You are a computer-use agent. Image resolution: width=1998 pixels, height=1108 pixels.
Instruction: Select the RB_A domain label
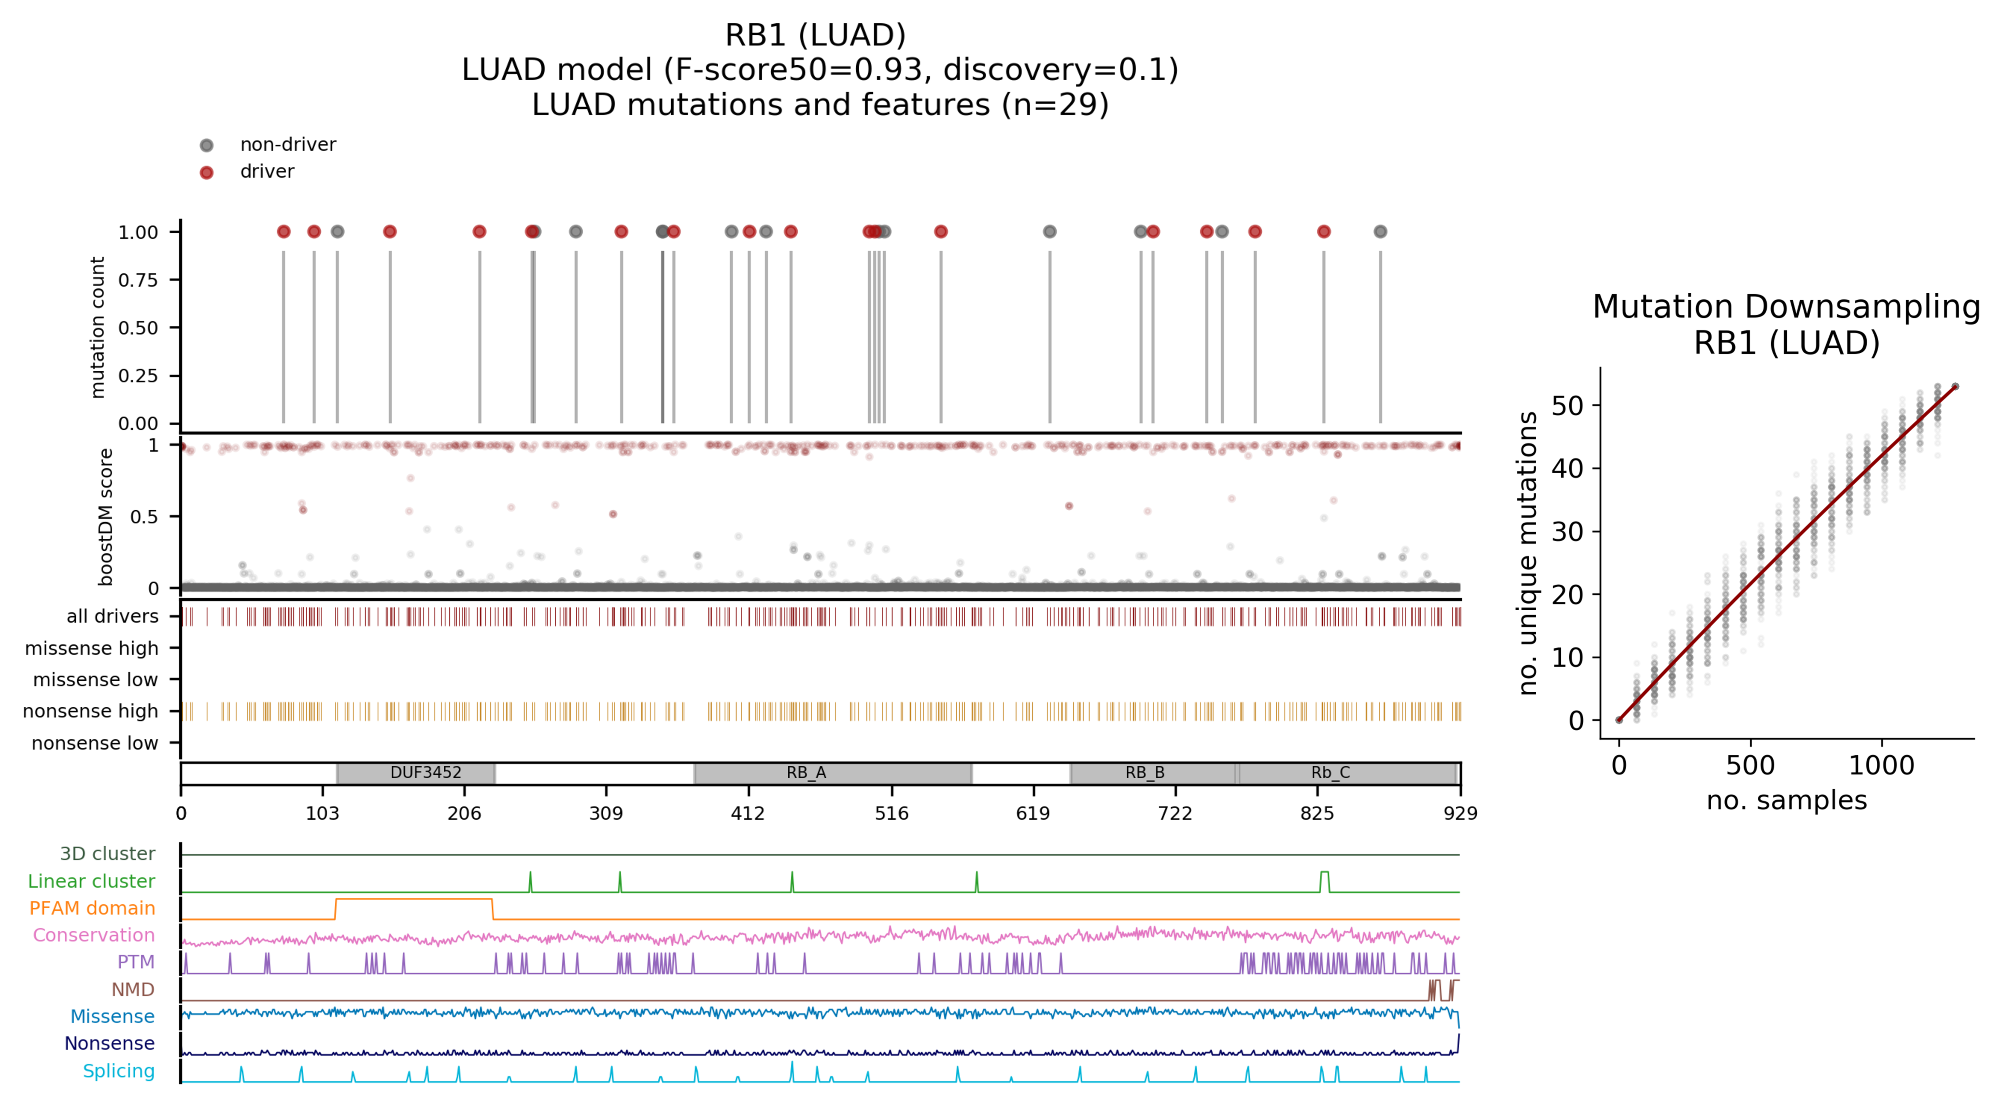[806, 773]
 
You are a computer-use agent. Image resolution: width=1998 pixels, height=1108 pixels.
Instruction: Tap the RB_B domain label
[1145, 773]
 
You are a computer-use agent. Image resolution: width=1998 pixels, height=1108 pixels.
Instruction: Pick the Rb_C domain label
[1330, 773]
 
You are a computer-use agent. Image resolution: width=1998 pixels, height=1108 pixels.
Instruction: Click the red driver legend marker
[206, 172]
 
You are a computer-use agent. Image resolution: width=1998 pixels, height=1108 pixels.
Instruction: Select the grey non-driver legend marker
[206, 145]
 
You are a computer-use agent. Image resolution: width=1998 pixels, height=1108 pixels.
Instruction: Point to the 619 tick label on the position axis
[1033, 813]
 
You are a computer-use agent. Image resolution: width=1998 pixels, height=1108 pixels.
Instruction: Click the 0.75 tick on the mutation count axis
[138, 280]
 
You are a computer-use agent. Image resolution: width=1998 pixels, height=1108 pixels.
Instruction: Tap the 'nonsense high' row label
[91, 712]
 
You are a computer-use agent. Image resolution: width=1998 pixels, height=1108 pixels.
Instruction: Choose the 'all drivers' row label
[112, 617]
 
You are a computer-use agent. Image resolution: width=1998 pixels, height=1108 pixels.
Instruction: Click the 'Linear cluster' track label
[92, 881]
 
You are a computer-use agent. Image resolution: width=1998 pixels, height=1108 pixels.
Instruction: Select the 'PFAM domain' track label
[92, 909]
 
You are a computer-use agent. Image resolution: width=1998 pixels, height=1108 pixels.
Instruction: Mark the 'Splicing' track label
[119, 1071]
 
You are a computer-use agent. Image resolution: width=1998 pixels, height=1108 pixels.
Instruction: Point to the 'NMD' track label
[133, 990]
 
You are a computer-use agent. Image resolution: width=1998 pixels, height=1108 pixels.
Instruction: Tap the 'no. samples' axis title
[1786, 800]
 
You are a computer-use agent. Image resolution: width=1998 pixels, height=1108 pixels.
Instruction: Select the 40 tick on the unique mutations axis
[1567, 469]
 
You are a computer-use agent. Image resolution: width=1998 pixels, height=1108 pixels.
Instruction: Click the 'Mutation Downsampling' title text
[1786, 307]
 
